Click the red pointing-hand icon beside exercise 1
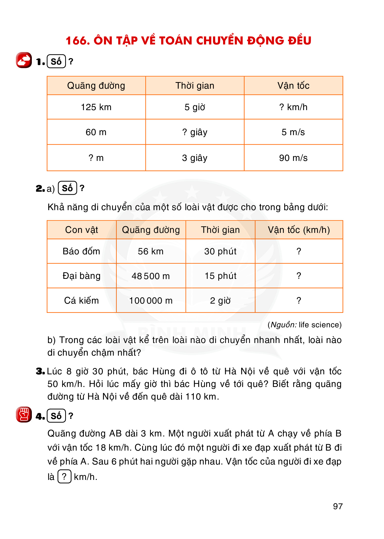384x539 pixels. click(24, 60)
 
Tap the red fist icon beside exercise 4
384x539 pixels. click(24, 414)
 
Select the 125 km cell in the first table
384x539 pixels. click(96, 107)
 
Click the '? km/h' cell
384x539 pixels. click(293, 107)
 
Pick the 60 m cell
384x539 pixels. click(96, 132)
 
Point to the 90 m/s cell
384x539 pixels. click(293, 158)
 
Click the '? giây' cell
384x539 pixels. click(195, 132)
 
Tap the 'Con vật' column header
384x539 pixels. click(81, 230)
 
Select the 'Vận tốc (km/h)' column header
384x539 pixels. click(299, 230)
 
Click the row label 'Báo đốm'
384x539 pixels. click(81, 251)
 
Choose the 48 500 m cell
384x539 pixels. click(151, 276)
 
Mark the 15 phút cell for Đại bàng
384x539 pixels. click(221, 276)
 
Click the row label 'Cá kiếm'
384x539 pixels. click(81, 301)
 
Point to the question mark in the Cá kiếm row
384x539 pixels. click(299, 301)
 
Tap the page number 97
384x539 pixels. click(338, 506)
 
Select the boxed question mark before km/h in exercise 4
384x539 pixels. click(64, 477)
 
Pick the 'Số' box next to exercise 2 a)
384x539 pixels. click(67, 188)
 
